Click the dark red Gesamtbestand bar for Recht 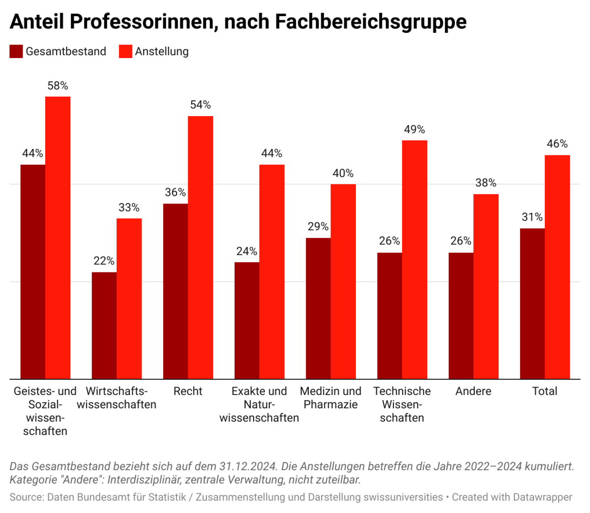click(x=176, y=291)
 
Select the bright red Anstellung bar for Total click(x=557, y=267)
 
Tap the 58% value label click(x=58, y=86)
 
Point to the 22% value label click(x=104, y=261)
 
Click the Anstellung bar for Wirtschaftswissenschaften click(x=129, y=299)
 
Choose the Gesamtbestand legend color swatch click(x=16, y=52)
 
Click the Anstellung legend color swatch click(x=126, y=52)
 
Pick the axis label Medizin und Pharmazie click(x=330, y=398)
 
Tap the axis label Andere click(x=473, y=392)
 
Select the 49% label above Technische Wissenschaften click(x=414, y=129)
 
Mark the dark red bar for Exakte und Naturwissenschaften click(x=247, y=321)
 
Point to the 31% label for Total click(x=532, y=217)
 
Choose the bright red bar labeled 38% click(x=486, y=286)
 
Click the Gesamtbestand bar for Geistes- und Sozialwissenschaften click(x=32, y=272)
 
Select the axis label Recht click(x=188, y=392)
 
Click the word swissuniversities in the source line click(x=403, y=497)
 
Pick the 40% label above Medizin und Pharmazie click(x=343, y=173)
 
